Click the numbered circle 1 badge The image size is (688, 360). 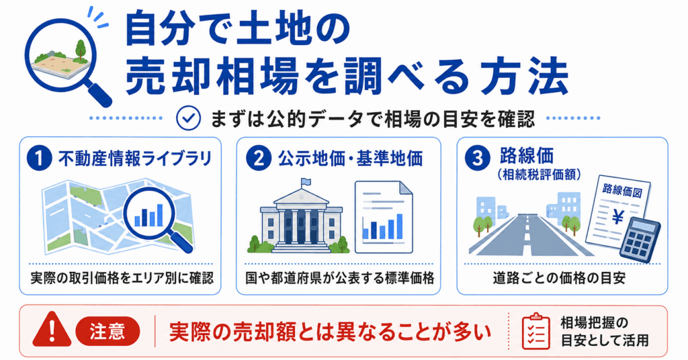pyautogui.click(x=39, y=159)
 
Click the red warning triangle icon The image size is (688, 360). pyautogui.click(x=52, y=329)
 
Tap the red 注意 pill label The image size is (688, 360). pyautogui.click(x=107, y=331)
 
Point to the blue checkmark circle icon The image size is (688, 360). pyautogui.click(x=188, y=118)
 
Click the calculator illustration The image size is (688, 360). pyautogui.click(x=640, y=240)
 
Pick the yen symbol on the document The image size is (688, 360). pyautogui.click(x=618, y=216)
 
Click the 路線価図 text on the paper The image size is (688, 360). pyautogui.click(x=622, y=190)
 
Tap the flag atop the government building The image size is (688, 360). pyautogui.click(x=305, y=182)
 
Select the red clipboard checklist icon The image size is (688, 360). pyautogui.click(x=535, y=331)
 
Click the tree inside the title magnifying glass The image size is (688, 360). pyautogui.click(x=81, y=50)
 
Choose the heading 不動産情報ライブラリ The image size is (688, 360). pyautogui.click(x=134, y=159)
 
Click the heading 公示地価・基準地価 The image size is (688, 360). pyautogui.click(x=350, y=159)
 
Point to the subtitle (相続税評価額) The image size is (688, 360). pyautogui.click(x=540, y=175)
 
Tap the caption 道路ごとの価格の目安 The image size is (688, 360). pyautogui.click(x=558, y=278)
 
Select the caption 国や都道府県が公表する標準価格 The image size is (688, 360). pyautogui.click(x=339, y=278)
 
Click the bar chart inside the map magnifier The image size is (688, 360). pyautogui.click(x=148, y=215)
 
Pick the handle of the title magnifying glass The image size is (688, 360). pyautogui.click(x=99, y=92)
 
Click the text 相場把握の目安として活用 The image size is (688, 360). pyautogui.click(x=605, y=332)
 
